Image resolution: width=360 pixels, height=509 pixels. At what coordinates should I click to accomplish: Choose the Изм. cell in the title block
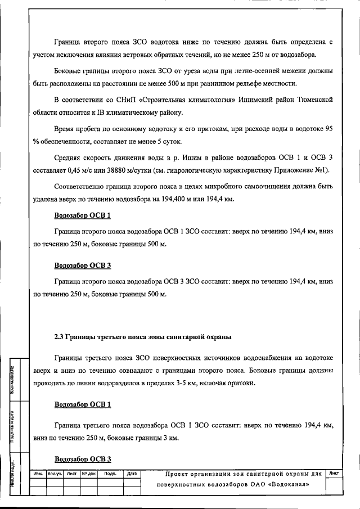click(39, 474)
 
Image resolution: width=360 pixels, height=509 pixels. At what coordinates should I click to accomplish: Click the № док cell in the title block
click(89, 474)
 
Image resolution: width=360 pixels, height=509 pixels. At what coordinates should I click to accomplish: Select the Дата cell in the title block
click(132, 474)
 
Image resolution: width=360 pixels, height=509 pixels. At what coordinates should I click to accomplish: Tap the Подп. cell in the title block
click(110, 474)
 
